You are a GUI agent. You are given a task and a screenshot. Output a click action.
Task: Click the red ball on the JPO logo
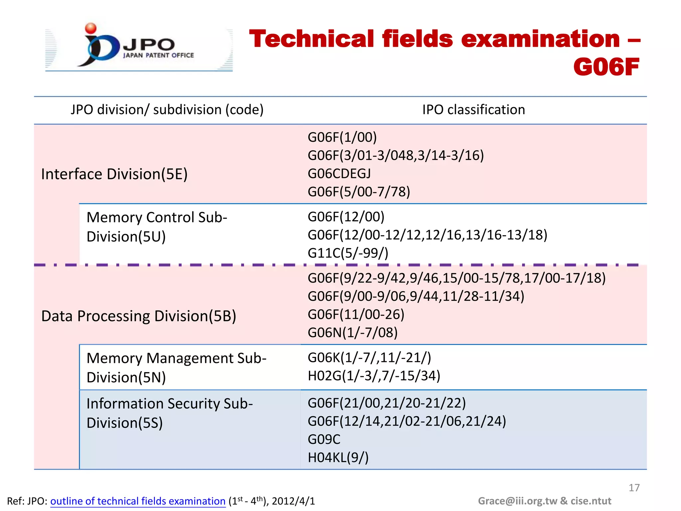tap(90, 28)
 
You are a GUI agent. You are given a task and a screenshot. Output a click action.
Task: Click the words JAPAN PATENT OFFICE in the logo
tap(158, 55)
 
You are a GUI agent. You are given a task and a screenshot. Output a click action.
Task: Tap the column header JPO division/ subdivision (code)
tap(167, 110)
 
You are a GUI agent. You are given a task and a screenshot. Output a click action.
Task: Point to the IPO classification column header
tap(473, 110)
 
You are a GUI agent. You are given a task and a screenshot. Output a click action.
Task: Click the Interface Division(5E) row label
tap(114, 174)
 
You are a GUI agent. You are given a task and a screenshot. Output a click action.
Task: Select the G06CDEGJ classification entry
tap(339, 174)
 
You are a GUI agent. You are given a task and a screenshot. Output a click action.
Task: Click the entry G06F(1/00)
tap(342, 137)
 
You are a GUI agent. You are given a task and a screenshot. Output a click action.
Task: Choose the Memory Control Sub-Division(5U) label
tap(157, 227)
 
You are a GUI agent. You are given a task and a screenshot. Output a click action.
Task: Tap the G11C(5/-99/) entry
tap(348, 253)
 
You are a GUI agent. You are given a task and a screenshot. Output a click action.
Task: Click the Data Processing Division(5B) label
tap(139, 316)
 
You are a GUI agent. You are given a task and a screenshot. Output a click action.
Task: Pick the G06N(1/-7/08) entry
tap(352, 332)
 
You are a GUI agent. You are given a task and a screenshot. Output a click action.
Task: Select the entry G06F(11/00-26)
tap(356, 314)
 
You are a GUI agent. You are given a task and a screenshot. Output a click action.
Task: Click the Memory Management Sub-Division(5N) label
tap(176, 368)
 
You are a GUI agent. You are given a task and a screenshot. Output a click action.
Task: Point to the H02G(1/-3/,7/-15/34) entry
tap(374, 376)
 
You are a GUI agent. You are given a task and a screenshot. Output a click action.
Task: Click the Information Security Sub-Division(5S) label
tap(170, 413)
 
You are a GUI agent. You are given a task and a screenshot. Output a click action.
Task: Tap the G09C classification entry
tap(324, 439)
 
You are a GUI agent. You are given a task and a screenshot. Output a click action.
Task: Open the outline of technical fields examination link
tap(138, 501)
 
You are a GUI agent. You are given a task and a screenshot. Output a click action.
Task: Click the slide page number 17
tap(634, 488)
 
